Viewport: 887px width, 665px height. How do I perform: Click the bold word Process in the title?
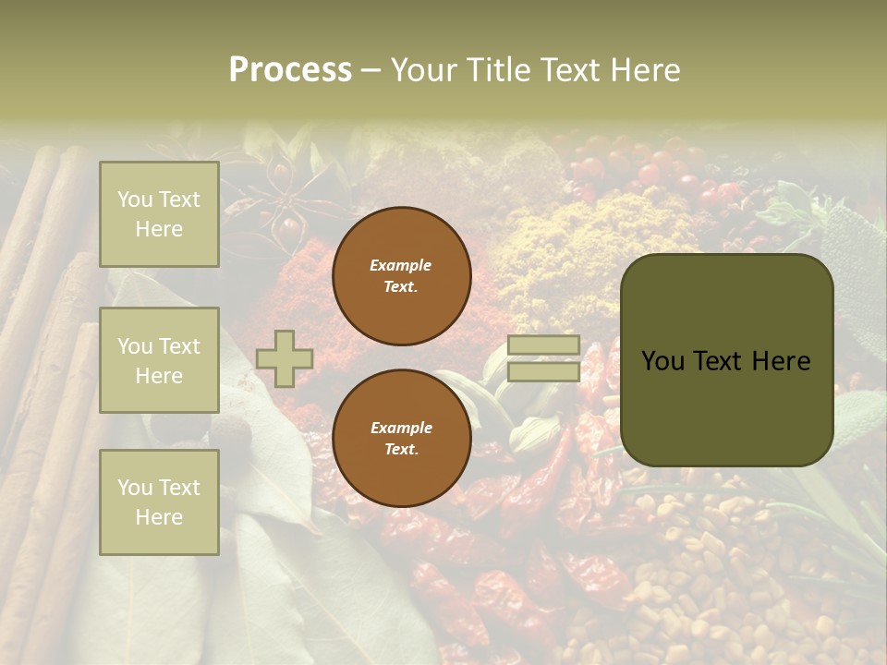pyautogui.click(x=290, y=70)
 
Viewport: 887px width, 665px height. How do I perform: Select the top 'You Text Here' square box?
pyautogui.click(x=159, y=214)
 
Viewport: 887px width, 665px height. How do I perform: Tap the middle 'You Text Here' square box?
pyautogui.click(x=159, y=360)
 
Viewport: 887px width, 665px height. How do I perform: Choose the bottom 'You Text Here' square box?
pyautogui.click(x=159, y=502)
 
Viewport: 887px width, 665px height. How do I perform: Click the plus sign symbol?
pyautogui.click(x=285, y=358)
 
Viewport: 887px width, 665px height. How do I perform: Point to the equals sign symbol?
pyautogui.click(x=543, y=358)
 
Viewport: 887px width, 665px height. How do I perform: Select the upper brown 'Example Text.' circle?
pyautogui.click(x=401, y=275)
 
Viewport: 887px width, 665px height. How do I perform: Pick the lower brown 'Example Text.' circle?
pyautogui.click(x=401, y=438)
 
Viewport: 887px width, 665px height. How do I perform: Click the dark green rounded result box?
pyautogui.click(x=726, y=360)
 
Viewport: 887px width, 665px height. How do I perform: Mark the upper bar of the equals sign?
pyautogui.click(x=543, y=345)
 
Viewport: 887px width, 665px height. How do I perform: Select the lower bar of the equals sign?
pyautogui.click(x=543, y=371)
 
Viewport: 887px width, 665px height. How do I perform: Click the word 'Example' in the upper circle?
pyautogui.click(x=401, y=265)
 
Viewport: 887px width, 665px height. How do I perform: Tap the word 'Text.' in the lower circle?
pyautogui.click(x=401, y=449)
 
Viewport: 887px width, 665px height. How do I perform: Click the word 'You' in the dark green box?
pyautogui.click(x=663, y=360)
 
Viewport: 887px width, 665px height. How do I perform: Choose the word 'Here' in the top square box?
pyautogui.click(x=159, y=229)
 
